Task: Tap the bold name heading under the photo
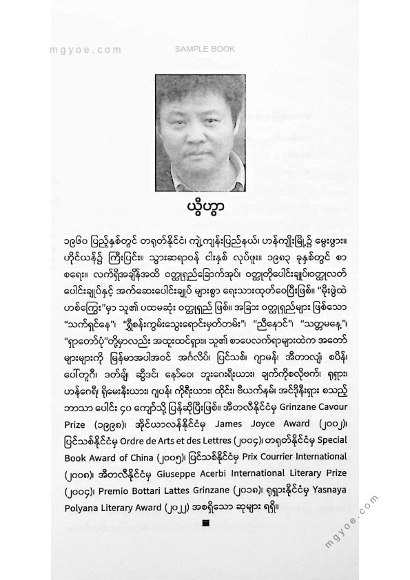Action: pyautogui.click(x=205, y=205)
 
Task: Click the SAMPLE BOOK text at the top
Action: pyautogui.click(x=204, y=49)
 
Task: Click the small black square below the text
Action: pyautogui.click(x=205, y=524)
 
